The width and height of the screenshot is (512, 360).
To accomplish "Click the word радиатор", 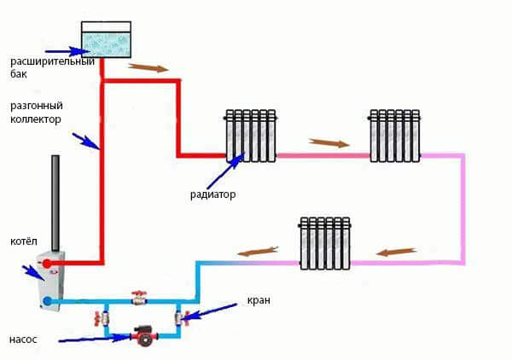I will point(213,195).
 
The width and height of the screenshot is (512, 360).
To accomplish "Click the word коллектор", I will point(36,119).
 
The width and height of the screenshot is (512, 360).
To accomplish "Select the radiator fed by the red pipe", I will point(251,135).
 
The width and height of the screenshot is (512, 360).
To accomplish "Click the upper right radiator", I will point(394,135).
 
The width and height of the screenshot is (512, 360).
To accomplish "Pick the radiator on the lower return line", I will point(324,242).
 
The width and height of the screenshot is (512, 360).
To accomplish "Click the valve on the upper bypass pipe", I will point(139,299).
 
